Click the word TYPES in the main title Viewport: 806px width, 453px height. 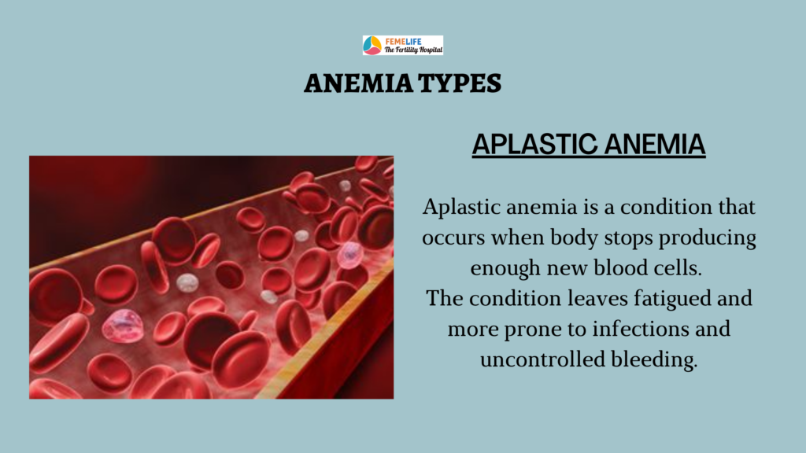click(x=459, y=83)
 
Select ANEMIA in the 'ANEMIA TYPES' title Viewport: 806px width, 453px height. click(x=358, y=83)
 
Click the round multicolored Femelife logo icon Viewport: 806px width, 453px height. click(x=372, y=45)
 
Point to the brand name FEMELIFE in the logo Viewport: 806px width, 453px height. click(x=404, y=41)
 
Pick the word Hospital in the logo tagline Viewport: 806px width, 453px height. click(x=431, y=50)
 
